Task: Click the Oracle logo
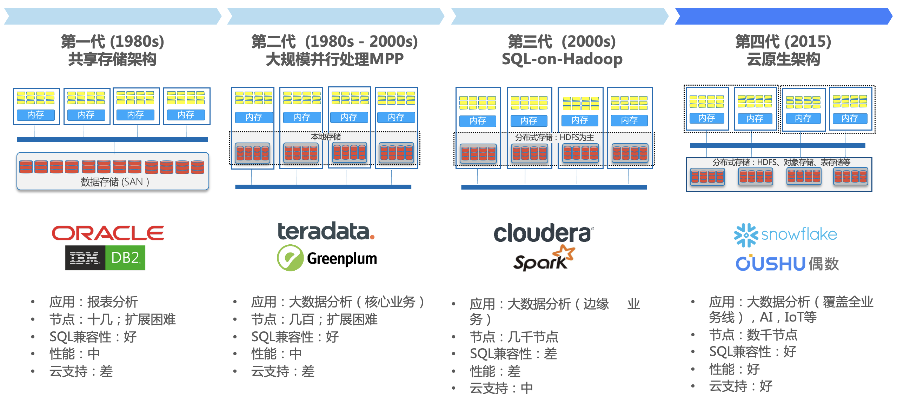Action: click(x=108, y=233)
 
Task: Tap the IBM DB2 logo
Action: click(x=105, y=258)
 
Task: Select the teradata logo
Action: click(x=326, y=231)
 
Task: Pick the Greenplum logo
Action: click(x=327, y=258)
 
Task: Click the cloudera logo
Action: click(x=544, y=233)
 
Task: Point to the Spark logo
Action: click(x=544, y=258)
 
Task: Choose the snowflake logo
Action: click(x=785, y=234)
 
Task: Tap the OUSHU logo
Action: click(x=787, y=263)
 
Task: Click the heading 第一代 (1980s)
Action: click(x=113, y=41)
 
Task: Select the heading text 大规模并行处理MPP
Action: click(x=335, y=59)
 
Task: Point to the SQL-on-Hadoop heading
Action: click(x=562, y=59)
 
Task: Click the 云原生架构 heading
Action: click(x=783, y=59)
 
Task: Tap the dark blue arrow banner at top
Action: click(x=784, y=16)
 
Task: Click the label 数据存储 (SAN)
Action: click(x=115, y=182)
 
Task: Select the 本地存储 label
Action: click(x=326, y=137)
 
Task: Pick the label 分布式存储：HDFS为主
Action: click(x=554, y=137)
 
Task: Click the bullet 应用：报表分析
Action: click(x=94, y=302)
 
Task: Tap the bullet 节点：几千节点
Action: click(x=514, y=337)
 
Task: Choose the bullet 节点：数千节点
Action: click(x=753, y=335)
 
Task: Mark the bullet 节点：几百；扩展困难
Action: click(x=314, y=319)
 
